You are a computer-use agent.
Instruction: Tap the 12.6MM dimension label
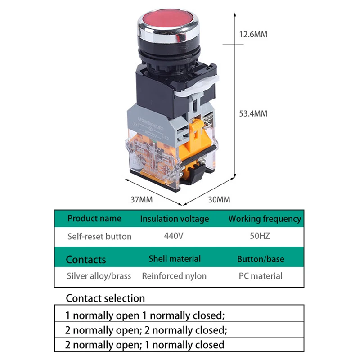tap(253, 34)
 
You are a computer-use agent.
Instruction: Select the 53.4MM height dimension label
tap(253, 114)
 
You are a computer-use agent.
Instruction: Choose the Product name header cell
tap(94, 219)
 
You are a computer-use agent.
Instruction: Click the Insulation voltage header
tap(175, 219)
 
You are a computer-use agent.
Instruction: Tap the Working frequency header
tap(265, 219)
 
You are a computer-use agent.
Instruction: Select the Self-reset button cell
tap(99, 236)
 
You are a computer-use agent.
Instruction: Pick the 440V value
tap(174, 236)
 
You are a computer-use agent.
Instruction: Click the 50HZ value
tap(260, 236)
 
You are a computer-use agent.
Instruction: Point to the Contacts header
tap(86, 260)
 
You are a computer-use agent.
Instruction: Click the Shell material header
tap(175, 259)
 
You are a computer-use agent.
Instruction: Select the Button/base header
tap(261, 259)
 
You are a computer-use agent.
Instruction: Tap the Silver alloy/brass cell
tap(99, 276)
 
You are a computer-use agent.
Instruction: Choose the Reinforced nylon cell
tap(174, 276)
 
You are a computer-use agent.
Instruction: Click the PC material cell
tap(261, 276)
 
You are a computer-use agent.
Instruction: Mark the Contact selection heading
tap(105, 298)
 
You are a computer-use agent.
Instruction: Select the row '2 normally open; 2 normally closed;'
tap(146, 330)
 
